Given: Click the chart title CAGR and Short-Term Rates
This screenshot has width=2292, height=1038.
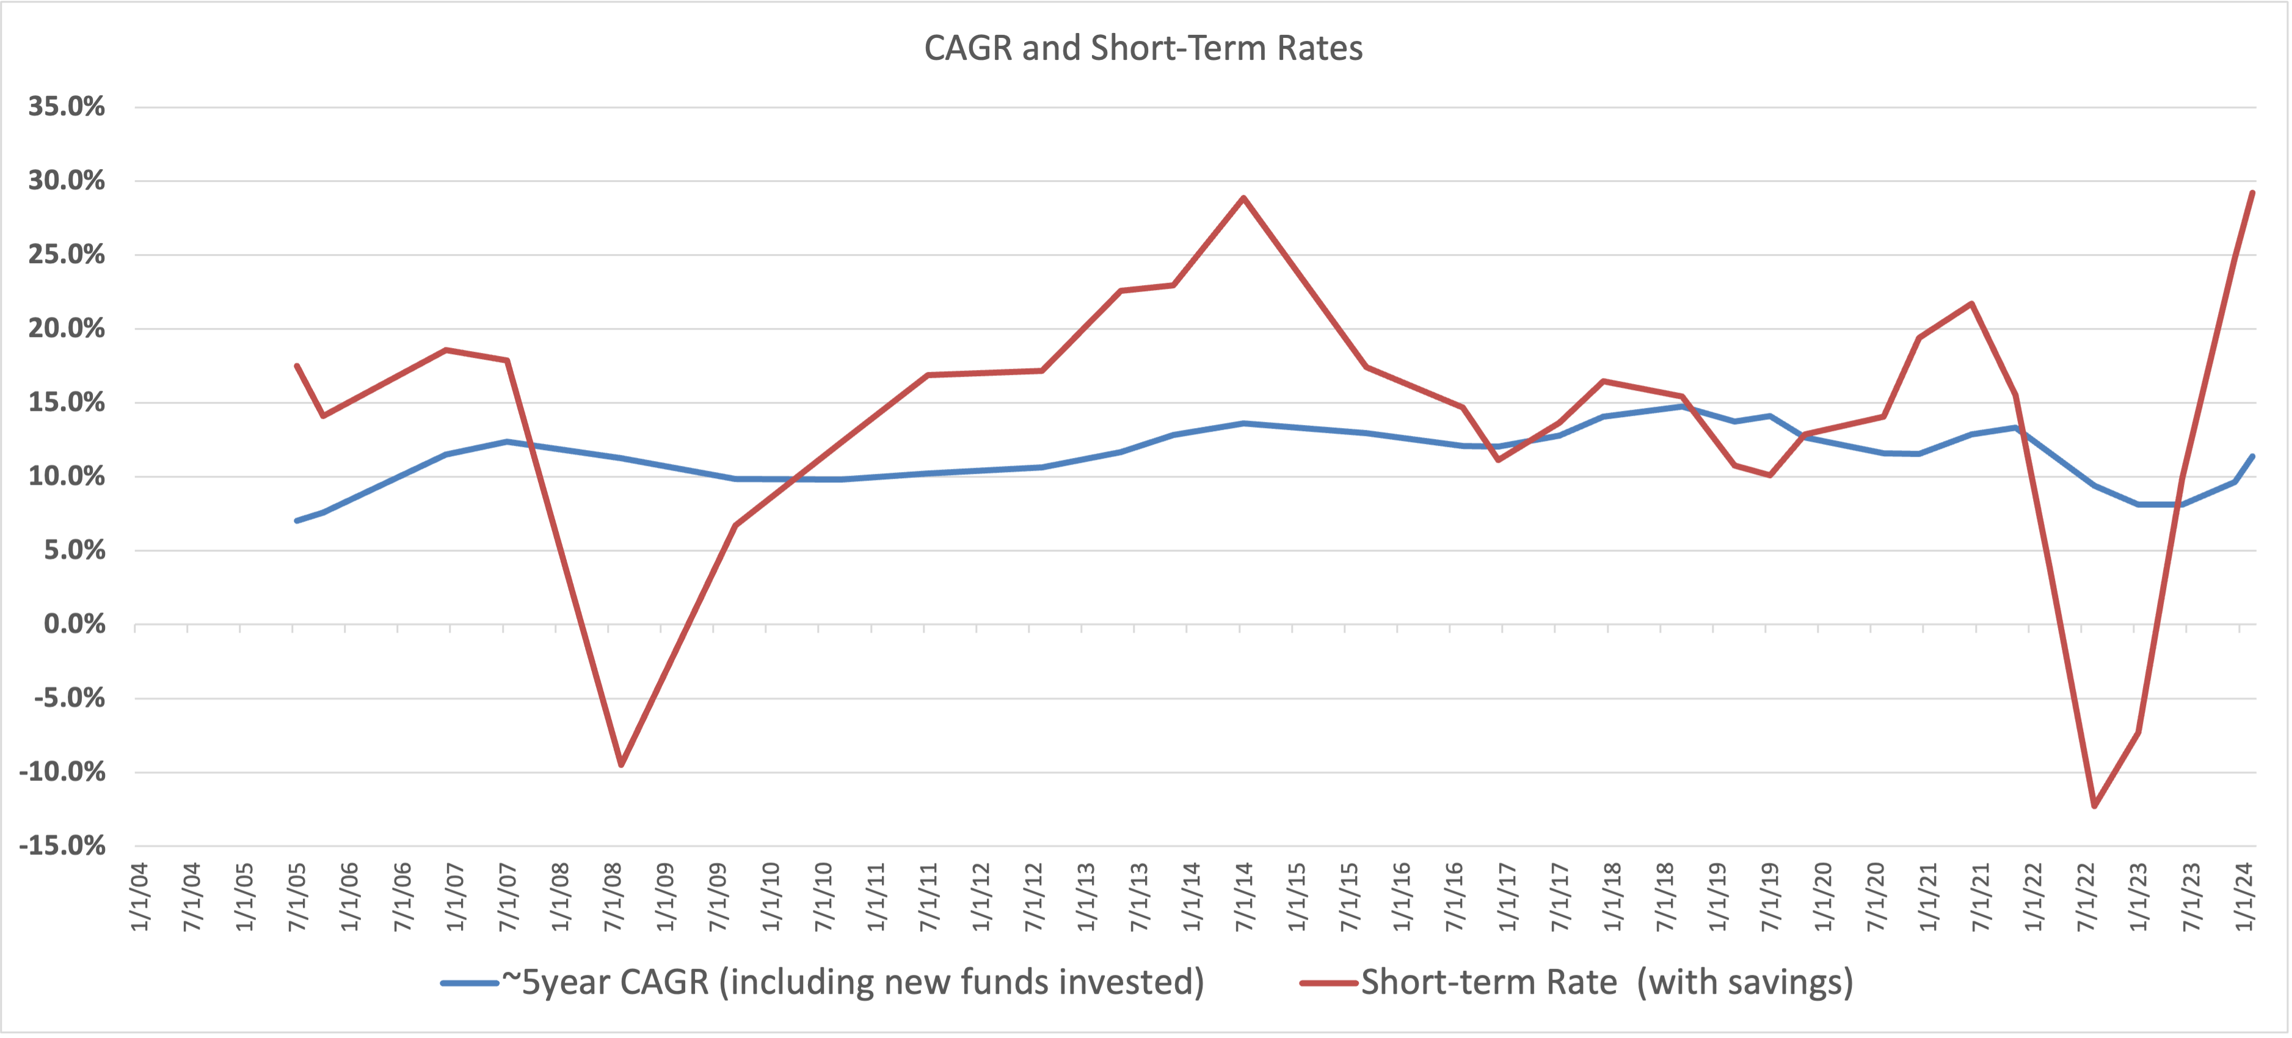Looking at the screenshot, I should (1143, 48).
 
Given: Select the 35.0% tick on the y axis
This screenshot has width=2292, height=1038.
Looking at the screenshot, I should (67, 107).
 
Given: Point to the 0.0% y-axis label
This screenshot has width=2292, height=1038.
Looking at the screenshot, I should (75, 625).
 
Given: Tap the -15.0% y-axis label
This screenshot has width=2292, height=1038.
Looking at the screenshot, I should (62, 846).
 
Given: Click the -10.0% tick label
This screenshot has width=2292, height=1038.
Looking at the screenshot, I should (62, 772).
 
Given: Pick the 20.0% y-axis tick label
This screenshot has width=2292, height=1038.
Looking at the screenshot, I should (67, 328).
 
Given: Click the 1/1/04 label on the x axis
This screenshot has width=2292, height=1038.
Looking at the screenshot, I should (140, 896).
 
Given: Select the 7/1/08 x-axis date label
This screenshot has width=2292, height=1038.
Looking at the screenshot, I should (614, 896).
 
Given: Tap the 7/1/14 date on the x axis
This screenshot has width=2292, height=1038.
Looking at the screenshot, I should (1245, 896).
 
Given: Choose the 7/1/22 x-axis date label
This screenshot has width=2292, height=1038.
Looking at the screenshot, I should (2086, 896).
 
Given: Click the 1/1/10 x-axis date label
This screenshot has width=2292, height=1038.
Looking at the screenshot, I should (771, 896).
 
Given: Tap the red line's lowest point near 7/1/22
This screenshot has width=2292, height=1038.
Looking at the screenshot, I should (2094, 807).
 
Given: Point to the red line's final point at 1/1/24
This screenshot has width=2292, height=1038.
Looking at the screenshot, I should (2252, 192).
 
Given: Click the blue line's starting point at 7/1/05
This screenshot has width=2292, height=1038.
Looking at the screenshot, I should (296, 520).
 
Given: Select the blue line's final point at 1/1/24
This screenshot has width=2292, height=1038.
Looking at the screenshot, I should (2252, 456).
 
